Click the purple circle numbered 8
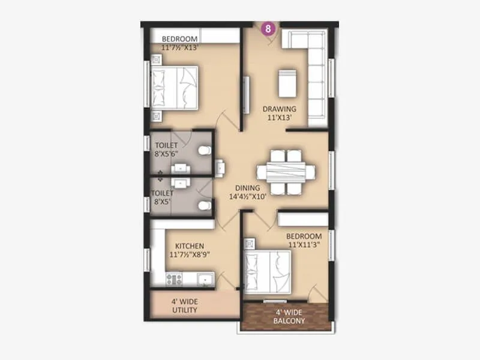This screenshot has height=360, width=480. [269, 28]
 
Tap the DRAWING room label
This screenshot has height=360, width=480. [280, 109]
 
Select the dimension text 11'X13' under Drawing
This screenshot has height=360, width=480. [280, 118]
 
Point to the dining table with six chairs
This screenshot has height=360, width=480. [286, 172]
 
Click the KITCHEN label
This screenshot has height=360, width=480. [190, 246]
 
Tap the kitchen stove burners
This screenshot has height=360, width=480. [175, 278]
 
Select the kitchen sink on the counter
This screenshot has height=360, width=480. [205, 278]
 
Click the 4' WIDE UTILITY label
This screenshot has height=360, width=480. [185, 306]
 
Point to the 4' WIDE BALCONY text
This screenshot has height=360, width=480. [290, 316]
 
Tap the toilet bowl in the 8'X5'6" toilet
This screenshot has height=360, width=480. [205, 150]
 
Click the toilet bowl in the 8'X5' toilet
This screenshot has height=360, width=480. [205, 205]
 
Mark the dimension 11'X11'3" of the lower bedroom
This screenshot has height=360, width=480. [304, 245]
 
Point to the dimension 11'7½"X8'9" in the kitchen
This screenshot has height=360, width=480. [190, 254]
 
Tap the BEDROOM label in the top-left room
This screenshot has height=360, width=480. [179, 40]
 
